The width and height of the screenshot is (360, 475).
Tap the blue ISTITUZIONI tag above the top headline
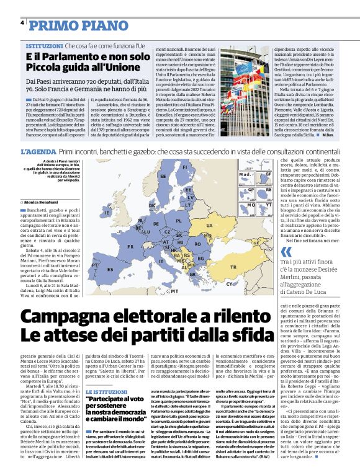coord(44,47)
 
